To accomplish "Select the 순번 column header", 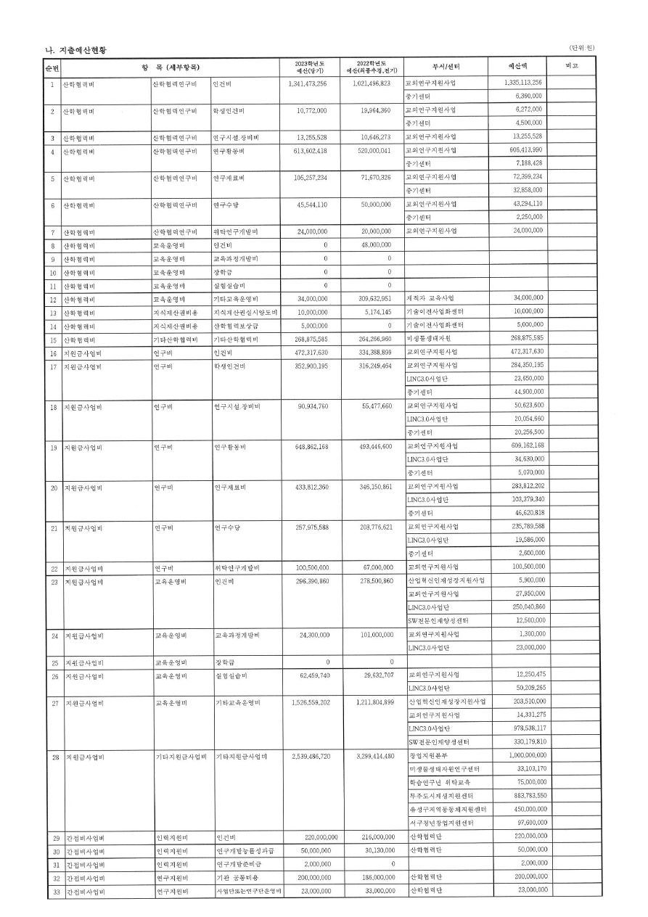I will pyautogui.click(x=52, y=67).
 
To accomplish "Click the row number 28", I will pyautogui.click(x=54, y=757).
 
